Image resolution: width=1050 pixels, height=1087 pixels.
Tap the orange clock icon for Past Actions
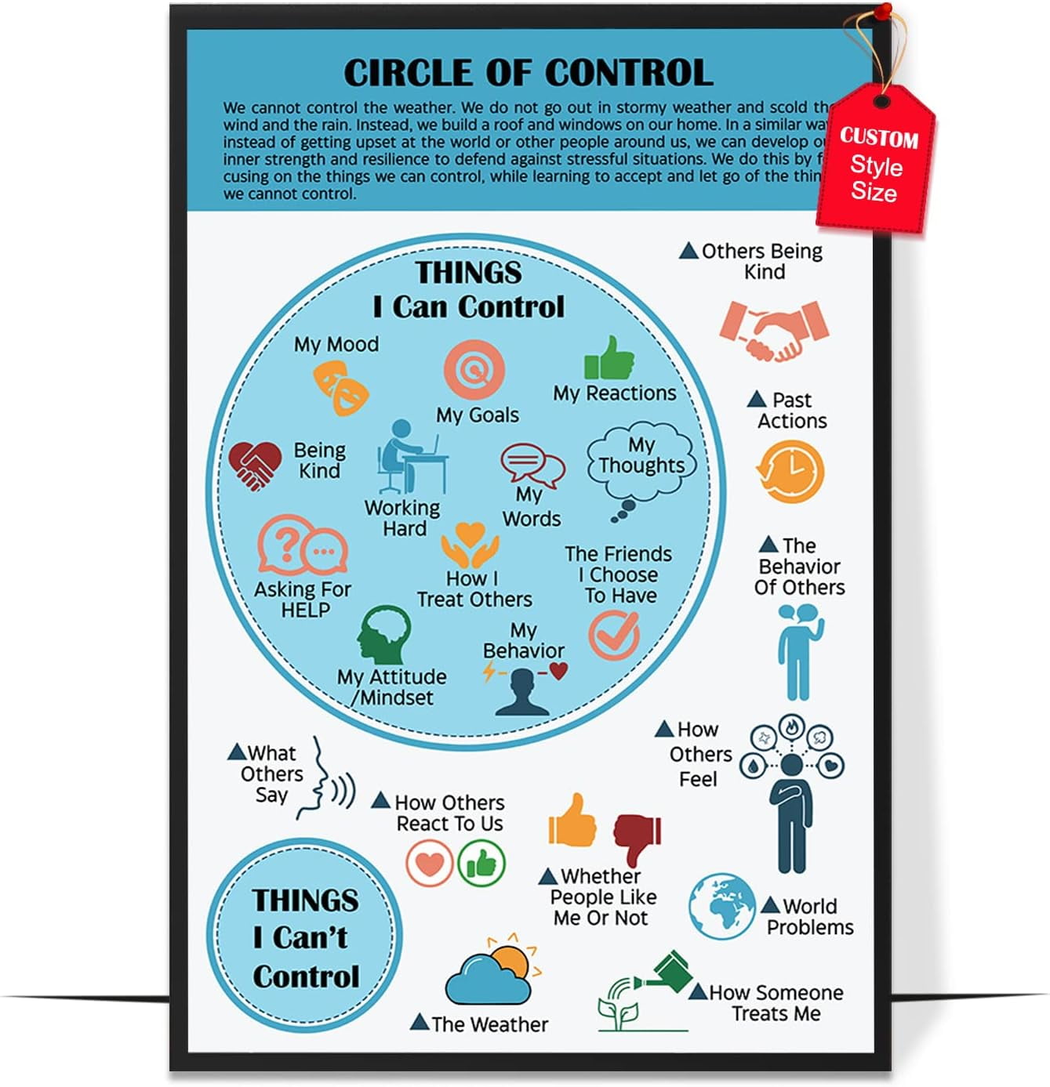coord(790,472)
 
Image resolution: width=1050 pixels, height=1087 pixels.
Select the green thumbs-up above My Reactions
coord(609,359)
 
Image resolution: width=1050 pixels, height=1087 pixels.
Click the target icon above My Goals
coord(474,369)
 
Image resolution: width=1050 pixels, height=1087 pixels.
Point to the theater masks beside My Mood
coord(341,386)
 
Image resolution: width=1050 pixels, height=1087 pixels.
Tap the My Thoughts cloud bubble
coord(641,463)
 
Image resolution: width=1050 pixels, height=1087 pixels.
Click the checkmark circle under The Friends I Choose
coord(614,634)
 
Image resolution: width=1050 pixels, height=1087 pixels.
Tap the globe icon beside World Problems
coord(721,906)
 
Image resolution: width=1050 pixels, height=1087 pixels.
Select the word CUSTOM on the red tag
coord(878,138)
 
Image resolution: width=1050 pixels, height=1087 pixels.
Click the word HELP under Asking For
coord(305,610)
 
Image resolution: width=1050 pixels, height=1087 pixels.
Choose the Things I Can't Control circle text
coord(305,937)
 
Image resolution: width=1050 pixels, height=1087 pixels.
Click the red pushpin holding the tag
coord(884,11)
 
